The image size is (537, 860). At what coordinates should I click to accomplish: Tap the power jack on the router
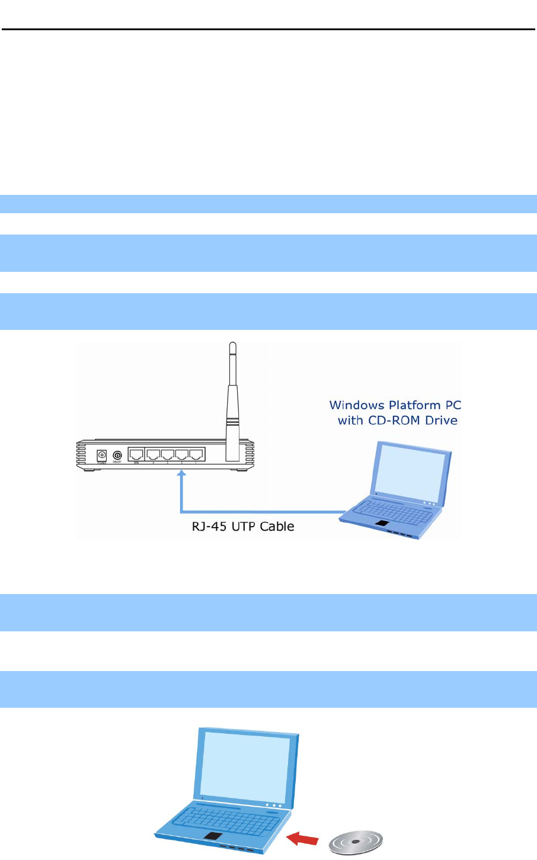pyautogui.click(x=102, y=455)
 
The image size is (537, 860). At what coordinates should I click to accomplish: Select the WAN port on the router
pyautogui.click(x=136, y=455)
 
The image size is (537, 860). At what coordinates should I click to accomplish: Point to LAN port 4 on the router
pyautogui.click(x=154, y=455)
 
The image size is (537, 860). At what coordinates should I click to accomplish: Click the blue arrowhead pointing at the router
pyautogui.click(x=181, y=474)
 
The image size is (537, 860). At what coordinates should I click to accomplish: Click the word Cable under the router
pyautogui.click(x=277, y=526)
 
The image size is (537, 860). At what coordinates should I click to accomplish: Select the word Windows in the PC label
pyautogui.click(x=357, y=406)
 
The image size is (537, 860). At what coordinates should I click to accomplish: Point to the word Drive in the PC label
pyautogui.click(x=442, y=421)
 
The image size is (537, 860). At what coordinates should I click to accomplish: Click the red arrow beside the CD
pyautogui.click(x=302, y=837)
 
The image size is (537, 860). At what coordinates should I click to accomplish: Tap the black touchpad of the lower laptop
pyautogui.click(x=214, y=836)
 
